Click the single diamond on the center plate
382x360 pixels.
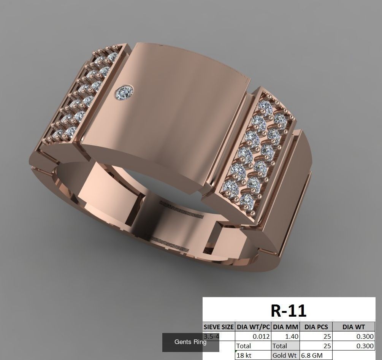point(125,92)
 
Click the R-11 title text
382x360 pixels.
point(288,311)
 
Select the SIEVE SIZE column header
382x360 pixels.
point(219,327)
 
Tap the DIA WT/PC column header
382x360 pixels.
point(253,327)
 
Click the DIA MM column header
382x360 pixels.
point(285,327)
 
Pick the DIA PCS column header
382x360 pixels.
point(316,327)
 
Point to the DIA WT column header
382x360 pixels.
point(353,327)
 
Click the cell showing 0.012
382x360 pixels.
point(253,336)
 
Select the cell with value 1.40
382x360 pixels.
point(285,336)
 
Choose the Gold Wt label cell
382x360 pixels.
point(285,355)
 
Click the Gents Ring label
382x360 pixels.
point(190,342)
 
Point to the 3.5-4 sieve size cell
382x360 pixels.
point(211,336)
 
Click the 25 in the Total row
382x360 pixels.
point(316,346)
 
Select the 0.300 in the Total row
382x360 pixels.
point(353,346)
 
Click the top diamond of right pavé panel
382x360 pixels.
point(265,105)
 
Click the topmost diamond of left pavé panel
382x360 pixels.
point(112,57)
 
